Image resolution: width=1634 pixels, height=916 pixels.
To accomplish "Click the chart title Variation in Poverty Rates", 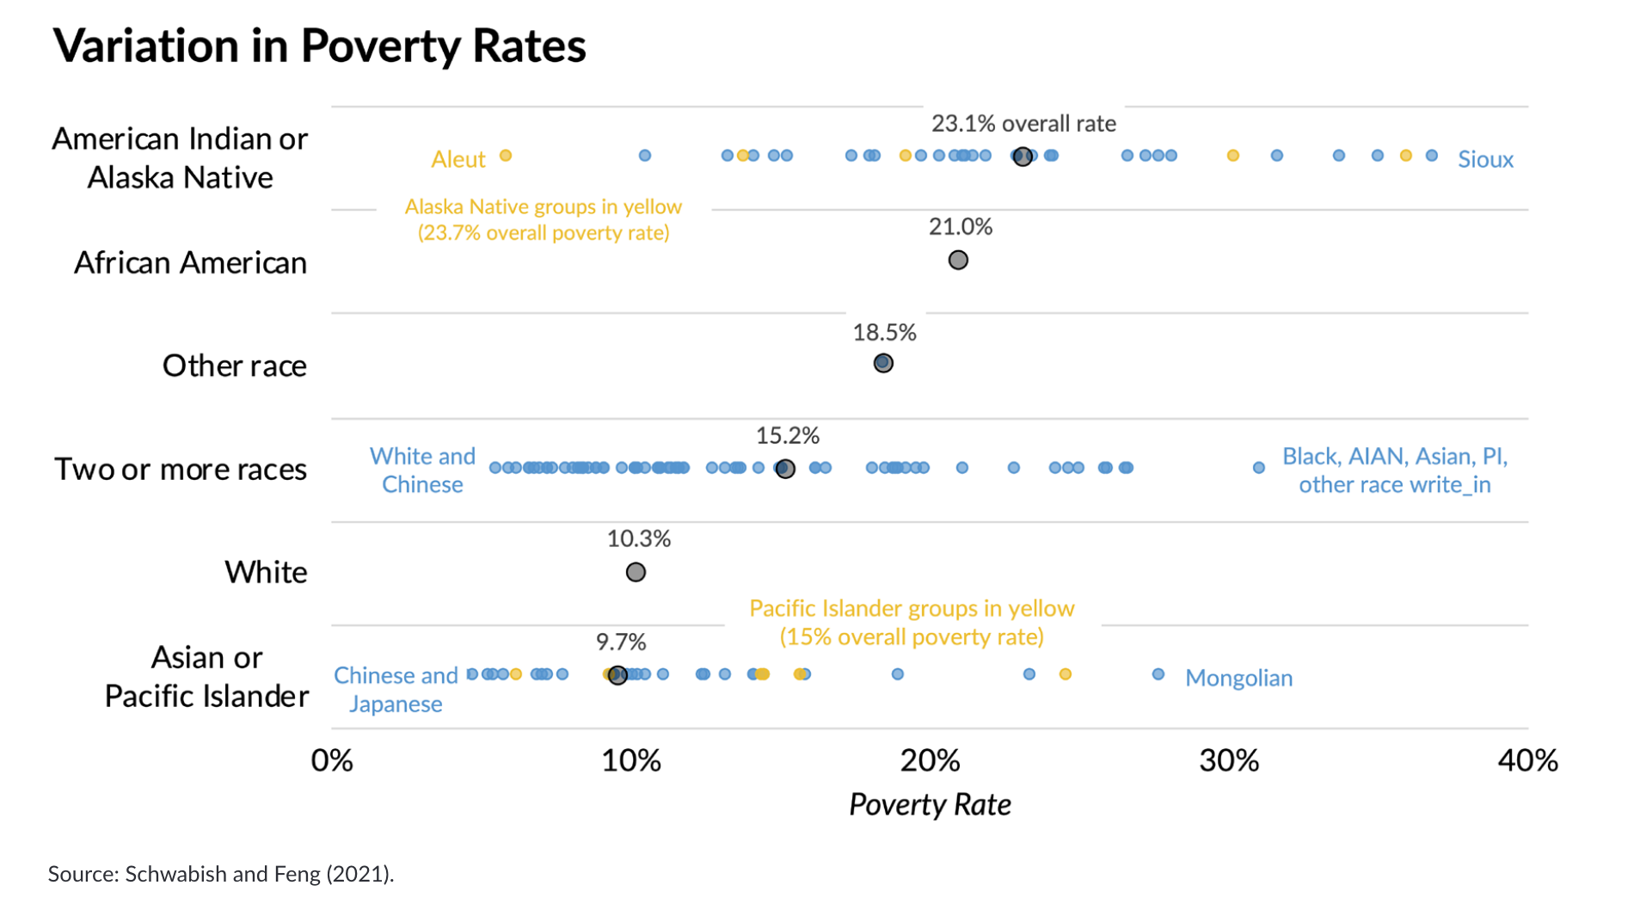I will tap(319, 46).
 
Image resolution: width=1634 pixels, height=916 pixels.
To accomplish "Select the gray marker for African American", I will tap(958, 260).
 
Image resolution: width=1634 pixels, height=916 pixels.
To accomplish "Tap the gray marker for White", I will tap(636, 572).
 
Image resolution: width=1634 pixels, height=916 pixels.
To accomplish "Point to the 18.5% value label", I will tap(884, 333).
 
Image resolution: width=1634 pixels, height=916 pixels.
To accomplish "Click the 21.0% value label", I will tap(961, 227).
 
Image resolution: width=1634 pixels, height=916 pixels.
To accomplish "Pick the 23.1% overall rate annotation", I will tap(1023, 124).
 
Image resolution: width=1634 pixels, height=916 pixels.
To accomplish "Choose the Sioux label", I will tap(1485, 159).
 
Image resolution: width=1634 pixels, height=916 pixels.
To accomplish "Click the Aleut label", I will tap(458, 159).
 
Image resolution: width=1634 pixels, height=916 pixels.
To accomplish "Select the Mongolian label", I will tap(1238, 678).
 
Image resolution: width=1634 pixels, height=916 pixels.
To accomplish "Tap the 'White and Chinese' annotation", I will tap(422, 470).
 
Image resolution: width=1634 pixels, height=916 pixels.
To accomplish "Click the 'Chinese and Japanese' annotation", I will tap(396, 689).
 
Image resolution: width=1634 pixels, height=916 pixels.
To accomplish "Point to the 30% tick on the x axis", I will tap(1229, 760).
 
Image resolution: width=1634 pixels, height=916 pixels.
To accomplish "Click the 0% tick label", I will tap(332, 760).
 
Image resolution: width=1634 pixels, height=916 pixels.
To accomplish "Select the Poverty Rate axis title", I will tap(930, 804).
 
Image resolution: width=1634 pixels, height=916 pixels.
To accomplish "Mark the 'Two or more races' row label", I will tap(181, 469).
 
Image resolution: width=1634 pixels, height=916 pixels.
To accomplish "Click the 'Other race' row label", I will tap(234, 366).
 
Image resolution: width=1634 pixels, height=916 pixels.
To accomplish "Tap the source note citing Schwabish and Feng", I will tap(221, 874).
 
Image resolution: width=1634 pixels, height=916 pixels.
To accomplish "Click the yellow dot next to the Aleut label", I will tap(506, 156).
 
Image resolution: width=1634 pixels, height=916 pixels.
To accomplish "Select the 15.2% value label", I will tap(787, 436).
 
